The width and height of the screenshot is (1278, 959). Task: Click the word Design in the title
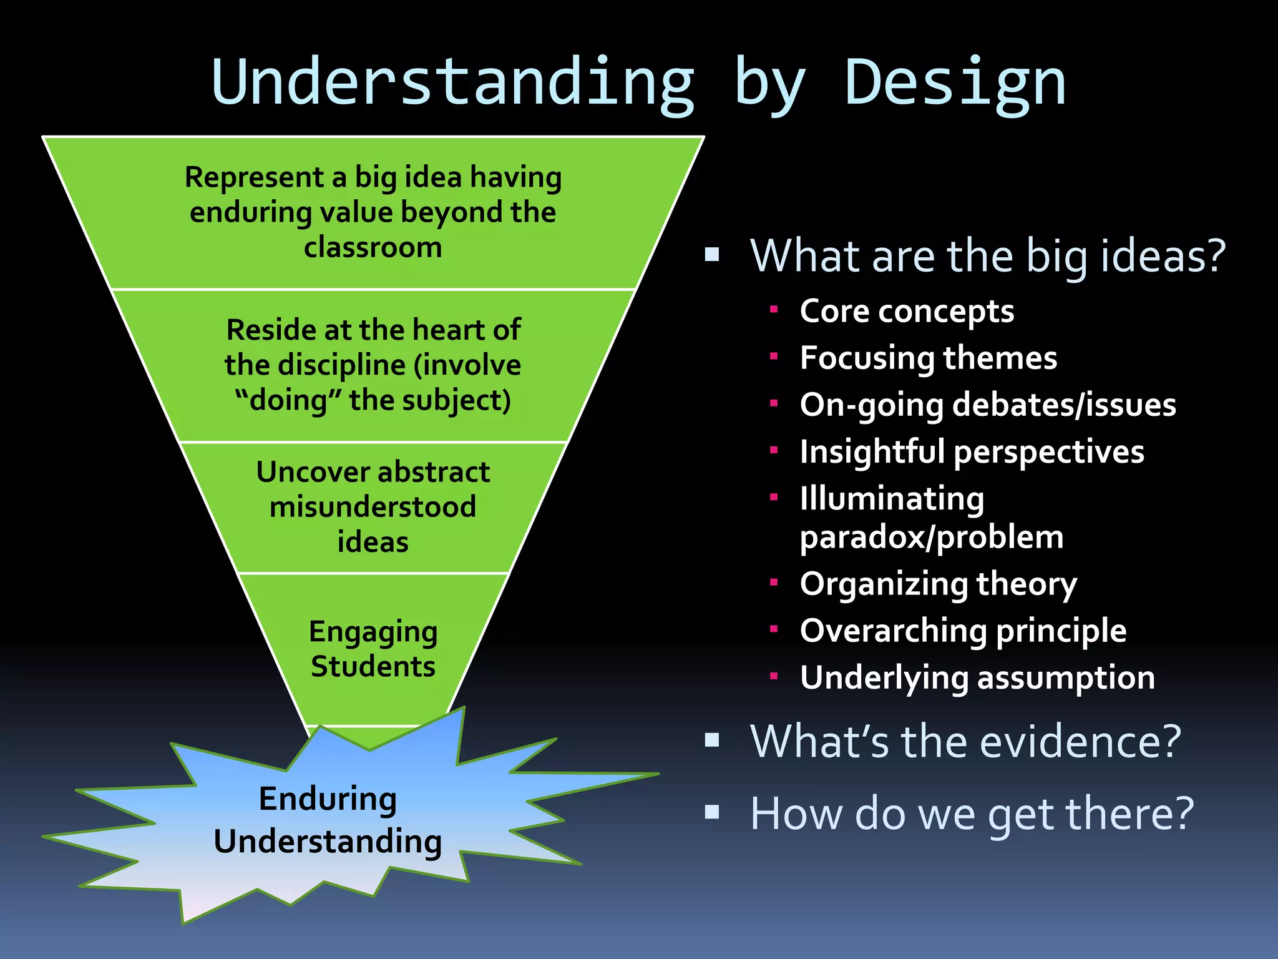pos(955,83)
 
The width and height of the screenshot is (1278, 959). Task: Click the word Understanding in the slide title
pos(453,83)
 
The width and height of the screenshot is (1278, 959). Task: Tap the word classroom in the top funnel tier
pos(373,248)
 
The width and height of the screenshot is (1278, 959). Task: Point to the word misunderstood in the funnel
pos(373,507)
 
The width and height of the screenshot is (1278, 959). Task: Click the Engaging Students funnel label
pos(373,649)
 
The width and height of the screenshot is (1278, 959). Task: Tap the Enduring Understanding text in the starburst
pos(328,820)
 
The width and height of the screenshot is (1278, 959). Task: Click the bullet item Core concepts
pos(907,312)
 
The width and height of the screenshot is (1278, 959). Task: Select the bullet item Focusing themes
pos(928,358)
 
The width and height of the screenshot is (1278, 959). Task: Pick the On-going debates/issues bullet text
pos(987,405)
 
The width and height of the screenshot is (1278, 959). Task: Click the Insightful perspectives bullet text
pos(972,452)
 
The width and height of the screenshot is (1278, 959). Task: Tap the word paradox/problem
pos(931,538)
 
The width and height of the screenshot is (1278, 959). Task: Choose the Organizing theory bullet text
pos(938,584)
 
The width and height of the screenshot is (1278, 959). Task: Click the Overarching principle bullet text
pos(963,631)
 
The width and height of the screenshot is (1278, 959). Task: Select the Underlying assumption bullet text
pos(977,678)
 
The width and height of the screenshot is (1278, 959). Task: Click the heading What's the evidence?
pos(965,742)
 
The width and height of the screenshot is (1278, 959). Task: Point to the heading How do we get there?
pos(972,814)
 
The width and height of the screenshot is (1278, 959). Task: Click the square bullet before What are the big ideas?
pos(712,255)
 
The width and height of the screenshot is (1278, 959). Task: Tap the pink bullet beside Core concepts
pos(774,309)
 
